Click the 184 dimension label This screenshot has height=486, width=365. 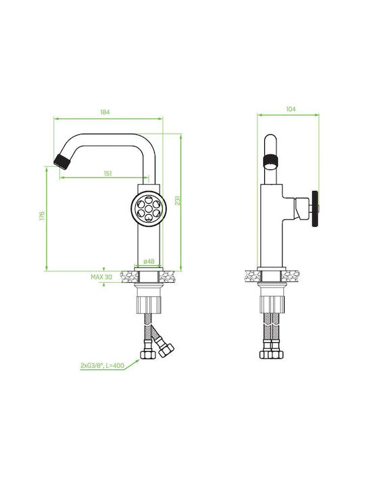105,112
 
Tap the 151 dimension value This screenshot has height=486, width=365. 107,173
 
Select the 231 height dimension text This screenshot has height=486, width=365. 178,200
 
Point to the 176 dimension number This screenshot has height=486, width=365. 42,216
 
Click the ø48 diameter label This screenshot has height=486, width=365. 149,262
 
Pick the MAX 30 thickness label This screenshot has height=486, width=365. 101,277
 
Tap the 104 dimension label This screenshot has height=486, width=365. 291,109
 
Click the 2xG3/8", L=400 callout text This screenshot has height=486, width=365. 102,366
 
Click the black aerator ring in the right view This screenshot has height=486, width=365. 270,161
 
